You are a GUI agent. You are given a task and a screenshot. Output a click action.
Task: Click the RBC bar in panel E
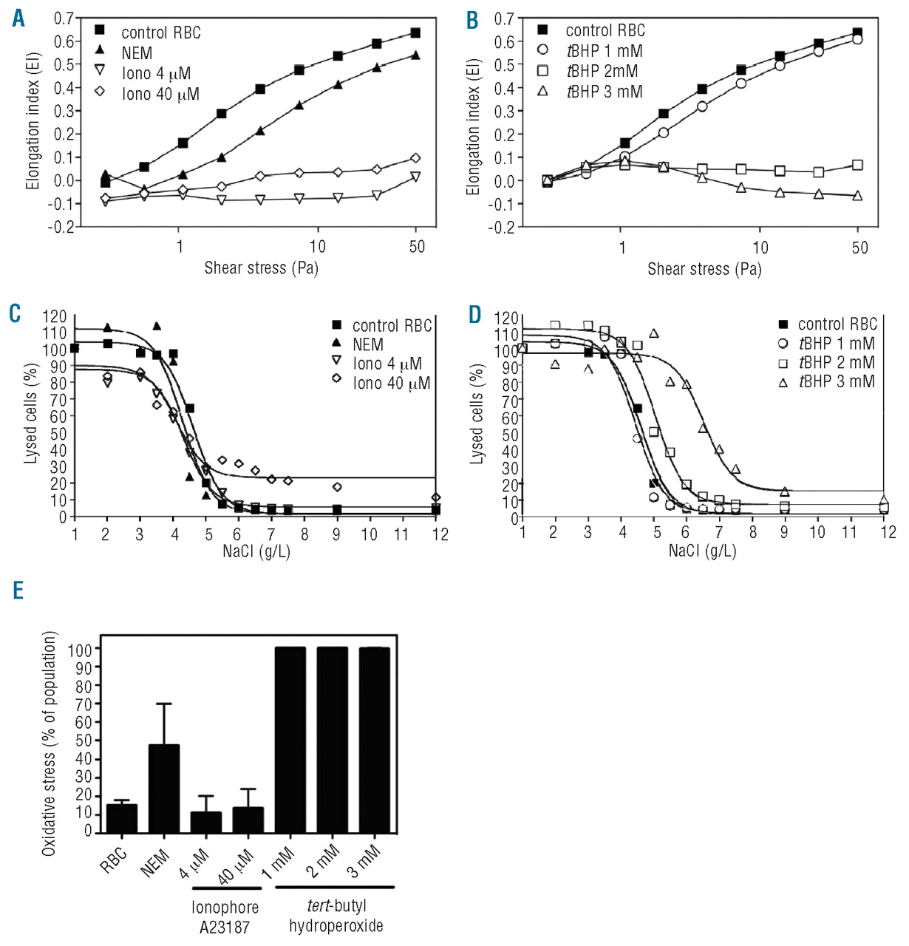tap(122, 819)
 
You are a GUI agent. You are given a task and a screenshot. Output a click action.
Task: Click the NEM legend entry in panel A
tap(137, 53)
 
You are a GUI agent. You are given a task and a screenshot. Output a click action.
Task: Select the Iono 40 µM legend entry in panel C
tap(391, 383)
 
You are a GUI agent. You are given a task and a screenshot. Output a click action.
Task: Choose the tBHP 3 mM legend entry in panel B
tap(604, 92)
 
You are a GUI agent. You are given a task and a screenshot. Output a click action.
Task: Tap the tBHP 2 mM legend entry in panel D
tap(836, 363)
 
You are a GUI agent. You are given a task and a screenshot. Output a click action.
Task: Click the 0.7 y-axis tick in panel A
tap(64, 18)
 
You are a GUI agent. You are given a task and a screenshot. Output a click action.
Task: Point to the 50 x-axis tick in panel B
tap(859, 247)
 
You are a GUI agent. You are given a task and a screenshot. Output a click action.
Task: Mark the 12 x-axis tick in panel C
tap(440, 534)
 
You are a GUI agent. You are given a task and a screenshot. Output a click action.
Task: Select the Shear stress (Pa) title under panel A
tap(261, 268)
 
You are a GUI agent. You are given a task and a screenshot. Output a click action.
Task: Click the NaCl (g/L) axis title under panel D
tap(702, 551)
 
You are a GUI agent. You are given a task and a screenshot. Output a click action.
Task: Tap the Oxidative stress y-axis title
tap(50, 743)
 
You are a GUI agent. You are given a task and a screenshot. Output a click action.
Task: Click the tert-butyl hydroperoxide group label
tap(336, 916)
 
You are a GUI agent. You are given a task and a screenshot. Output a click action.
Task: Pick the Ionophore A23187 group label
tap(225, 916)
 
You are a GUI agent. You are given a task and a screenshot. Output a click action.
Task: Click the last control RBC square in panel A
tap(415, 33)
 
